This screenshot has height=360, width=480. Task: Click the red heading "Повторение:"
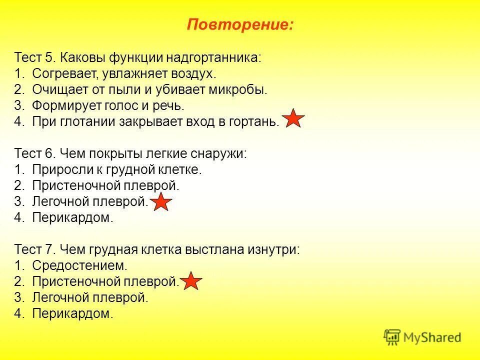click(240, 24)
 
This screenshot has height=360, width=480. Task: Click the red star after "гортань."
click(294, 119)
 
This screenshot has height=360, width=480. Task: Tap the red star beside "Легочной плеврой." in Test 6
click(161, 202)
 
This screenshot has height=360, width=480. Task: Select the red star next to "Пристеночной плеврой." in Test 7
click(191, 282)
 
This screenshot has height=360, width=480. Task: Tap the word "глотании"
click(87, 121)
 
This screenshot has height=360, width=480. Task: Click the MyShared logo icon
click(392, 337)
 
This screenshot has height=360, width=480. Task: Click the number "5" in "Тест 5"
click(48, 57)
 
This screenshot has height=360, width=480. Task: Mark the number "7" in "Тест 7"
click(48, 249)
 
